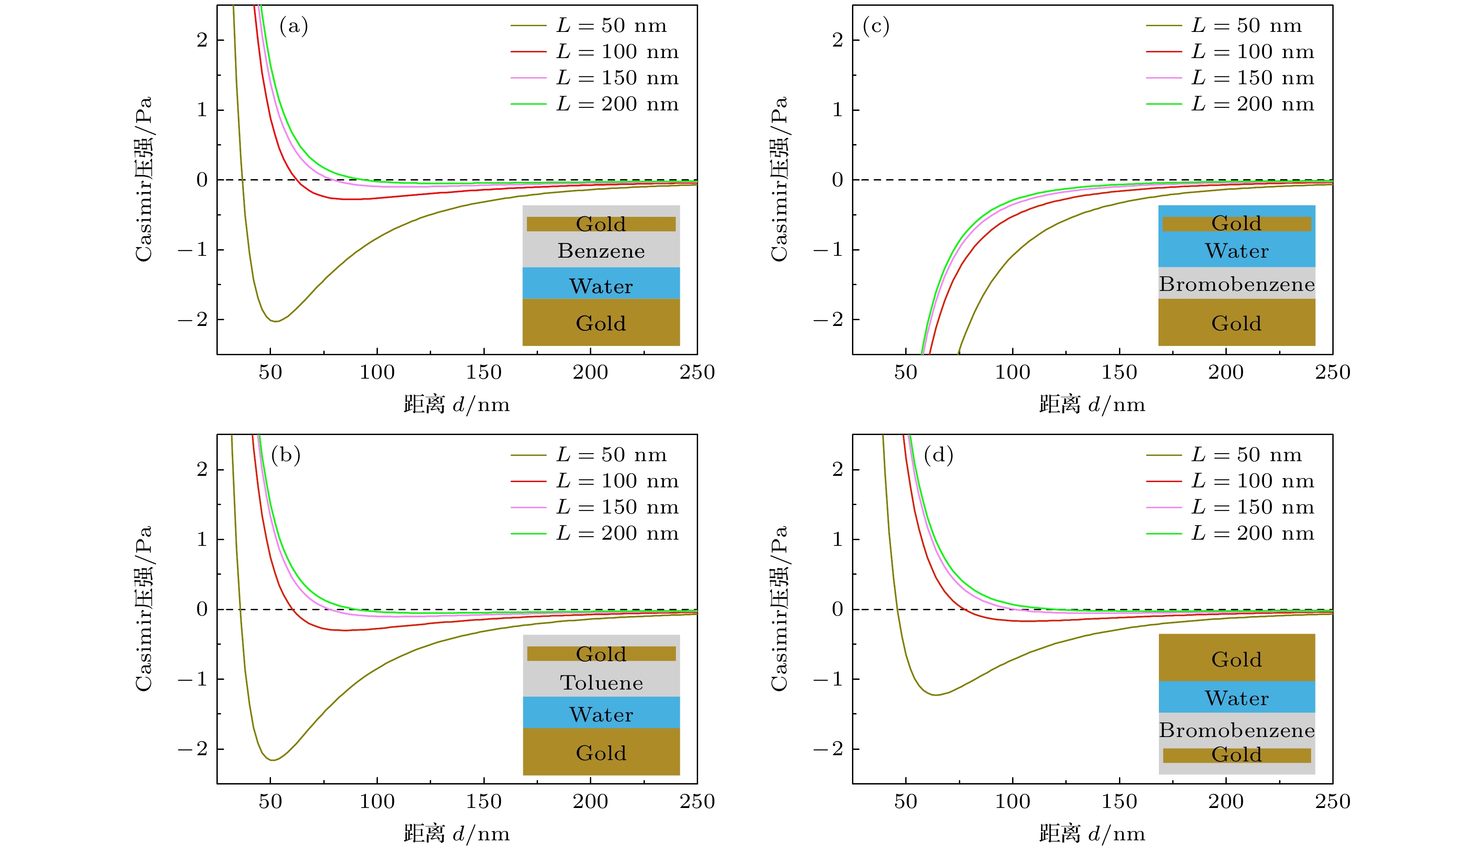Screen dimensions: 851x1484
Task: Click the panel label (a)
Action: point(294,26)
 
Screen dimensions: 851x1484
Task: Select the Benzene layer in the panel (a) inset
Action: point(601,251)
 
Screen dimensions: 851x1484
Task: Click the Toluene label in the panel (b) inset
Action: point(601,682)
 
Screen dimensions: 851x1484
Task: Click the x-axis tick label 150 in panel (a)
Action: point(483,373)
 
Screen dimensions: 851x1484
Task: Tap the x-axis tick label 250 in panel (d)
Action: point(1333,801)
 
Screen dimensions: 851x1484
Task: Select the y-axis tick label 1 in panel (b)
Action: point(202,539)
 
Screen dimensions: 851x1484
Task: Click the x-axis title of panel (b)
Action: point(456,833)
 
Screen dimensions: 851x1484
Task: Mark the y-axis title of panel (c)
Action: point(779,179)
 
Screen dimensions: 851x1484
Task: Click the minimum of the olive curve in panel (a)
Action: point(275,321)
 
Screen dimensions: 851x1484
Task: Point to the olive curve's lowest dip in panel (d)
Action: point(935,694)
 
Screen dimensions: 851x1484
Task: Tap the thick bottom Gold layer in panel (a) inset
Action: point(601,323)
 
